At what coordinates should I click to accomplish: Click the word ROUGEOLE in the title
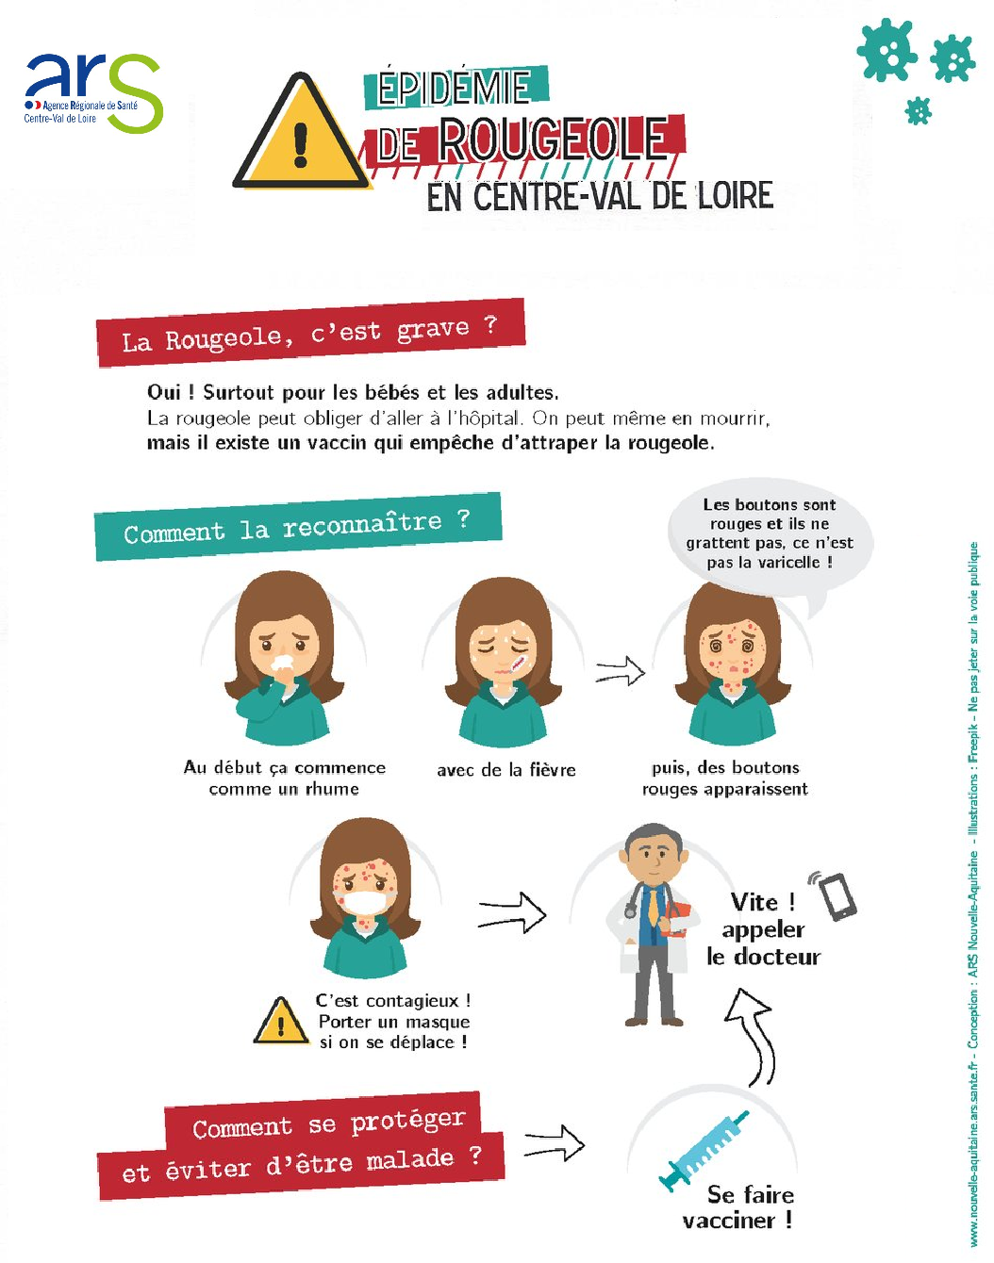pos(553,139)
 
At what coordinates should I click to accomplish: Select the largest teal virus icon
pos(886,50)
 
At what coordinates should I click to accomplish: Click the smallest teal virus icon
pos(918,111)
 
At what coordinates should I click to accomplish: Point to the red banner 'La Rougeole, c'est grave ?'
pos(310,333)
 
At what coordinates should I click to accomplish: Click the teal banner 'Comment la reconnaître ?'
pos(298,527)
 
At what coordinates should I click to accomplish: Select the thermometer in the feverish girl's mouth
pos(518,664)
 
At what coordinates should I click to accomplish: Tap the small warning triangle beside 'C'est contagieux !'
pos(281,1021)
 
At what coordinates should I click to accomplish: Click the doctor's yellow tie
pos(653,908)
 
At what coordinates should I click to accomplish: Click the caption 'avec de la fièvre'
pos(505,769)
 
